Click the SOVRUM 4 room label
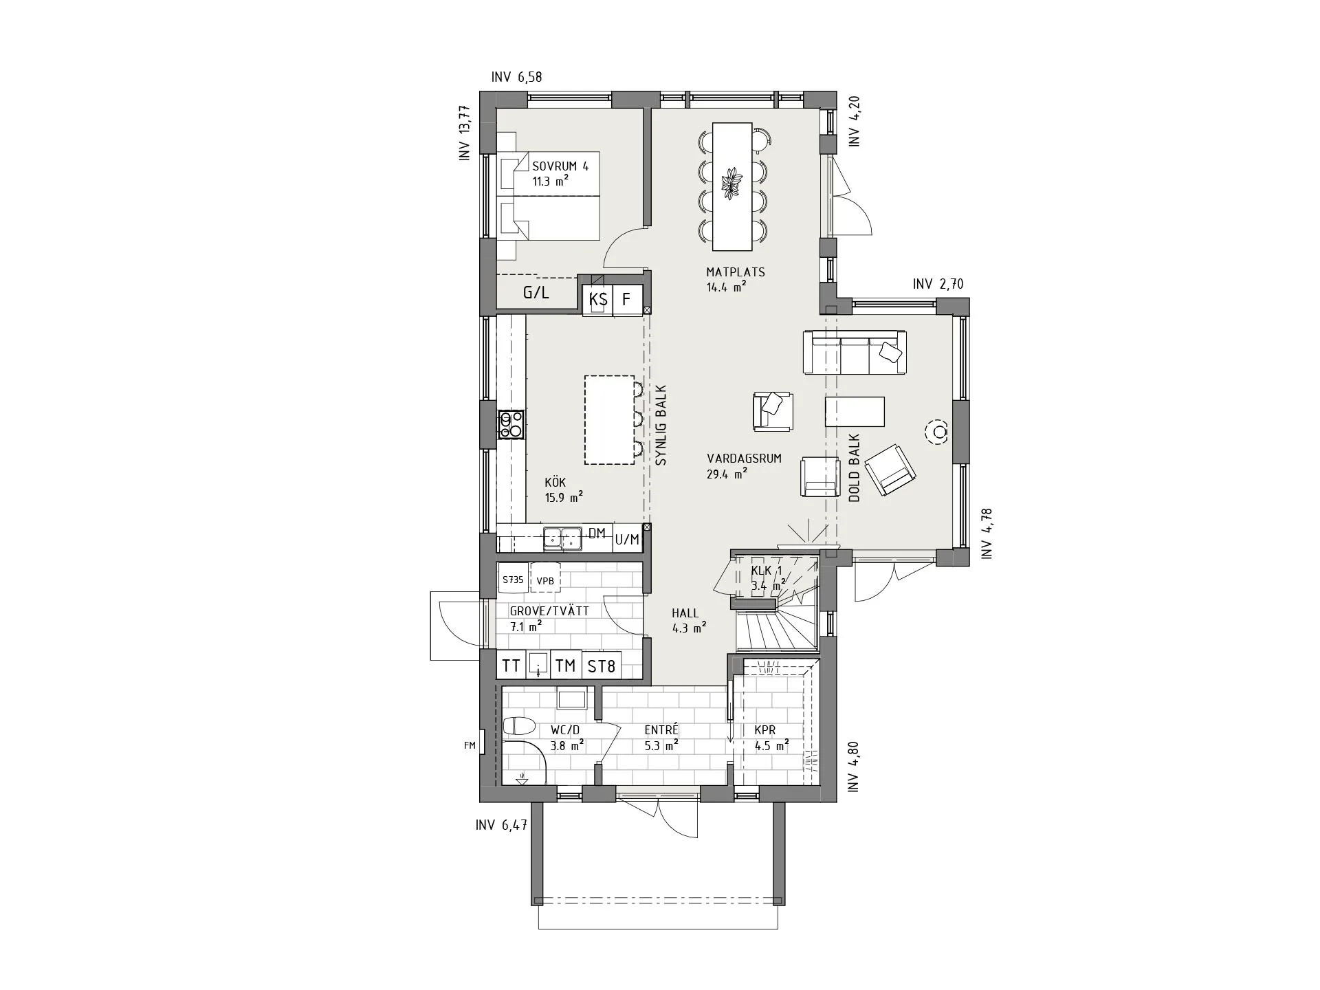click(x=560, y=166)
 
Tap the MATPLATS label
click(x=736, y=272)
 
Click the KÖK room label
click(x=555, y=483)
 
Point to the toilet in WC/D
click(x=519, y=726)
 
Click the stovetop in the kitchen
click(x=511, y=424)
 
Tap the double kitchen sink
click(x=562, y=539)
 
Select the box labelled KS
click(x=598, y=300)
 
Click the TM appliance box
click(x=565, y=665)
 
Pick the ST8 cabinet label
click(x=601, y=665)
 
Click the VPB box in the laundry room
click(x=545, y=581)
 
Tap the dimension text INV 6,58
click(x=516, y=77)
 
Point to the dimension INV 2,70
click(x=938, y=285)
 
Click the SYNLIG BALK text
click(x=661, y=426)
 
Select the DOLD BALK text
click(x=855, y=467)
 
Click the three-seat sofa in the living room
click(x=855, y=352)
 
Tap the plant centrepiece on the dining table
click(x=731, y=184)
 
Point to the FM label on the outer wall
click(x=470, y=745)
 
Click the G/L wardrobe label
click(x=536, y=293)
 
